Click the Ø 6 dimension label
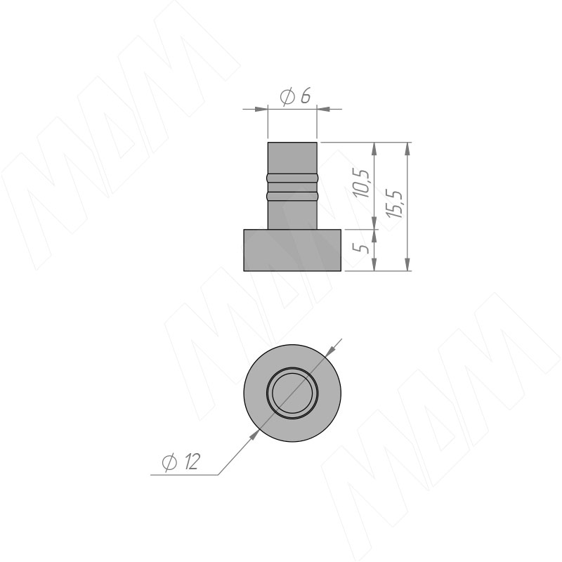click(295, 96)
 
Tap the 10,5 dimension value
click(361, 183)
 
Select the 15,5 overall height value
click(395, 204)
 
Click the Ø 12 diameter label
click(181, 462)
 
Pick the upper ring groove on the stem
click(292, 177)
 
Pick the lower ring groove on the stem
click(292, 196)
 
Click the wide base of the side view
click(292, 250)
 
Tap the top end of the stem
click(292, 143)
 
